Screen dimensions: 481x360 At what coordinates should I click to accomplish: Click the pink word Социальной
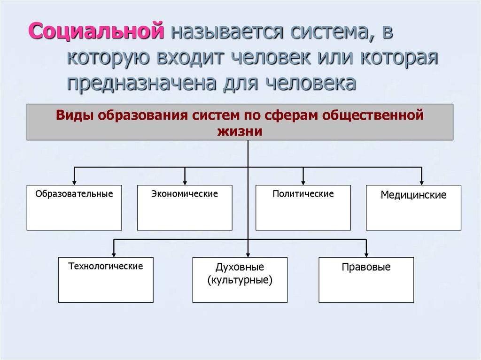coord(96,31)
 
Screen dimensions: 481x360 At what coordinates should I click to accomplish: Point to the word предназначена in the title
coord(141,83)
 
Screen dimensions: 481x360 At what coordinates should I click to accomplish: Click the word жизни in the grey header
coord(240,131)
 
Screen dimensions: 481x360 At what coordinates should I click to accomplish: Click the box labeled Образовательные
coord(74,207)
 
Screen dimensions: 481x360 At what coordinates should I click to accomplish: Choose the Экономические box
coord(185,207)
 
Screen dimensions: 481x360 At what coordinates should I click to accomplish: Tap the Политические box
coord(303,207)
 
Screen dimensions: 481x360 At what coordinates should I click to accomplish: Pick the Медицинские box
coord(413,207)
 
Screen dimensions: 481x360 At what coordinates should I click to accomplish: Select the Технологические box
coord(106,280)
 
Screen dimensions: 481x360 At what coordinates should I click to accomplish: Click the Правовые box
coord(366,280)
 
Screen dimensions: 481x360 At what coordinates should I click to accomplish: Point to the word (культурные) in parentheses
coord(240,280)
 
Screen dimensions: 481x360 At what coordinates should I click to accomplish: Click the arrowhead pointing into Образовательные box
coord(74,183)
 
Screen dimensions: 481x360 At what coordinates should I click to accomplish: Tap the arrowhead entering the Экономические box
coord(185,183)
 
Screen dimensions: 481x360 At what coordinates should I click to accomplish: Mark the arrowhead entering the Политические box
coord(303,183)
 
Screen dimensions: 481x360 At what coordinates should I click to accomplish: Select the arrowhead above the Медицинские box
coord(421,183)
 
